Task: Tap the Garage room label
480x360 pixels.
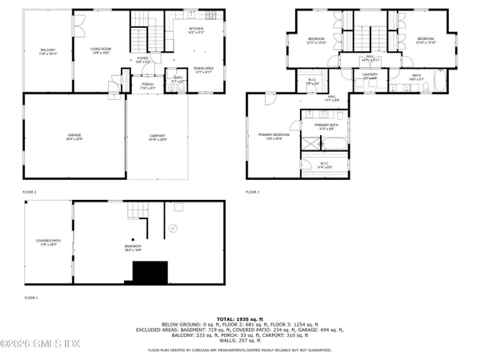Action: pos(74,137)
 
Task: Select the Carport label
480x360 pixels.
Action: pos(157,137)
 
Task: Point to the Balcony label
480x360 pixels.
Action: pos(48,51)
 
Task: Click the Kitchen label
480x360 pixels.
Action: pos(196,30)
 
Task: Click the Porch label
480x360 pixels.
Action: pos(147,86)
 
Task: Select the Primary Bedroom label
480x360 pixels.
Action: pos(270,134)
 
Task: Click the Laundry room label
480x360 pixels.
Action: pos(369,75)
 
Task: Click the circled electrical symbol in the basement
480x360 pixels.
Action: pos(171,228)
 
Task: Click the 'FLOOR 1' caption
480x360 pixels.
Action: pos(31,297)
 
